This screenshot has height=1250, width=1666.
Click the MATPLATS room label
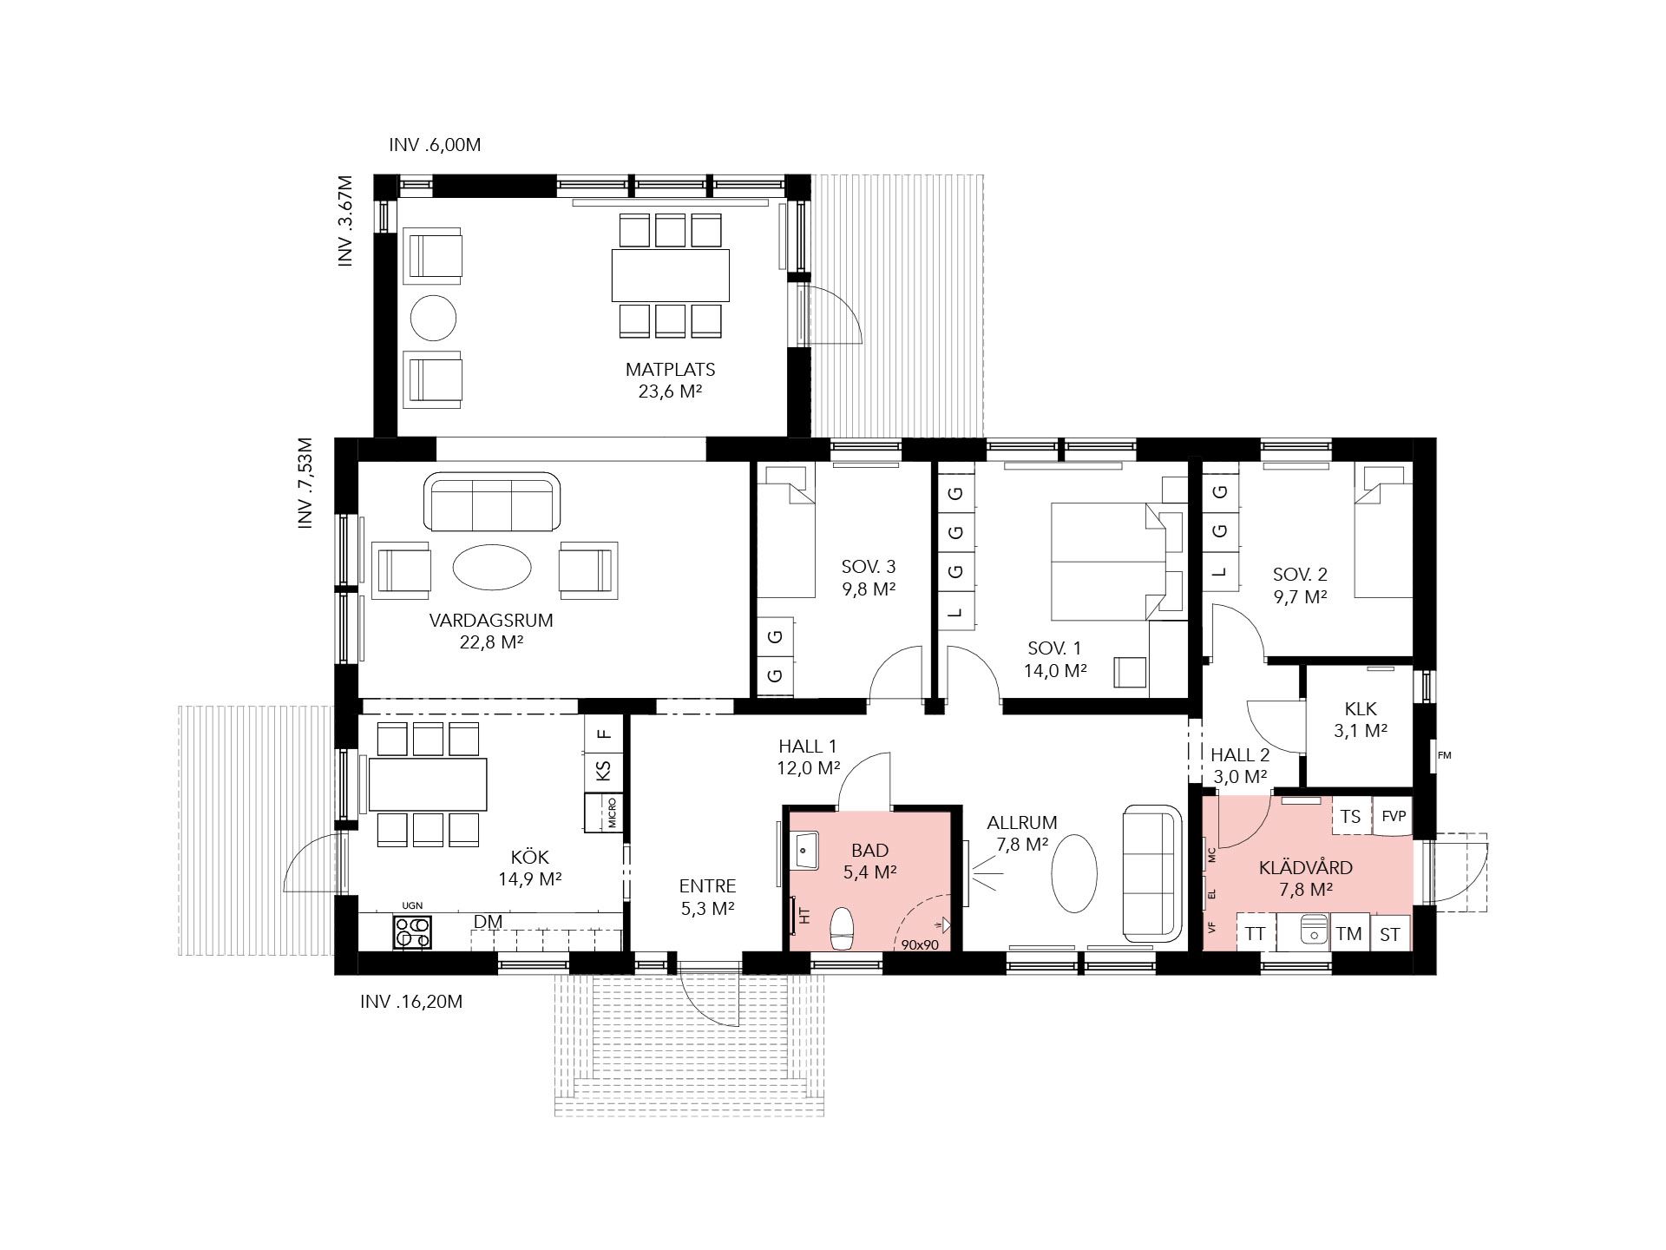[x=670, y=370]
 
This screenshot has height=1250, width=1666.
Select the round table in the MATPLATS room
[x=432, y=319]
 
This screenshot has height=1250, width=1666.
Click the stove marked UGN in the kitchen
[x=412, y=931]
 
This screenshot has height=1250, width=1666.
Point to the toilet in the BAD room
[x=843, y=929]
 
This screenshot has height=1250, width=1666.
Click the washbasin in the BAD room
[x=804, y=850]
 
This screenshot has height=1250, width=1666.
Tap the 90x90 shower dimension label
[x=920, y=944]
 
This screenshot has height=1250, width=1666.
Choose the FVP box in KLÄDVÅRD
[x=1393, y=817]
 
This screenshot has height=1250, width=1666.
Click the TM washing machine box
[x=1348, y=933]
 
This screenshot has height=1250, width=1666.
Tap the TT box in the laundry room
[x=1255, y=933]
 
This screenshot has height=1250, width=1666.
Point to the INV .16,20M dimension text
[x=411, y=1002]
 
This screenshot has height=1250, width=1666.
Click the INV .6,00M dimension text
[x=435, y=145]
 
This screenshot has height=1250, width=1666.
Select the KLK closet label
[x=1360, y=709]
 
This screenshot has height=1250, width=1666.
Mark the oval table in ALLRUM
[x=1074, y=872]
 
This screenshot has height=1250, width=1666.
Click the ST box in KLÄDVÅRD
[x=1390, y=934]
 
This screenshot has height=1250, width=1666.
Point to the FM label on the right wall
[x=1444, y=755]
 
